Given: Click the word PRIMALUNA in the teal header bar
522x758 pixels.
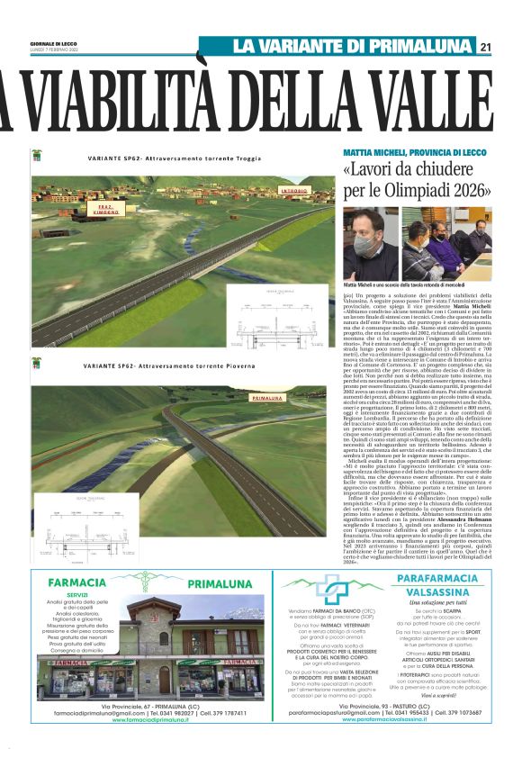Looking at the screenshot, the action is point(424,47).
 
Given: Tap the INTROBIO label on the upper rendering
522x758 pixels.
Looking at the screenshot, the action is point(293,192).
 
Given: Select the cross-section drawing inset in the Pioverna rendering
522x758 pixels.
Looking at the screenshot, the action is point(67,520).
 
